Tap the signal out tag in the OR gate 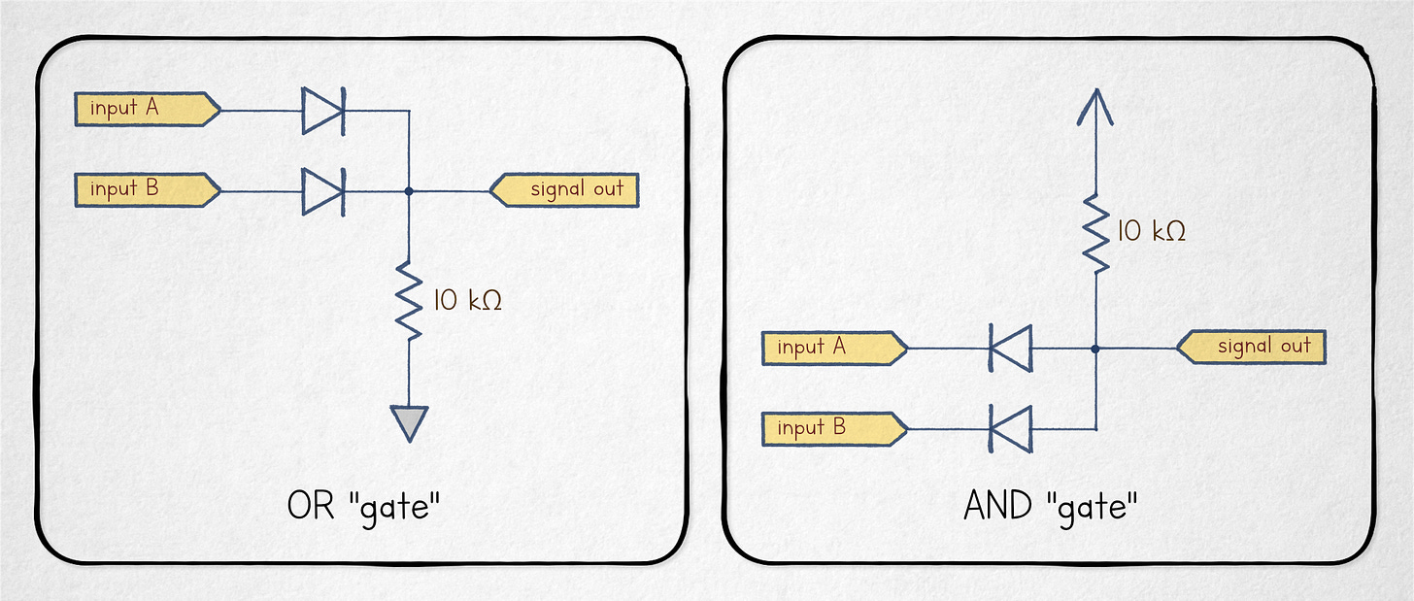(x=565, y=189)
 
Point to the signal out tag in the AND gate (x=1252, y=347)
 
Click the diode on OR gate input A (x=322, y=110)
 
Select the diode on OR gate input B (x=322, y=190)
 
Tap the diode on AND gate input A (x=1010, y=348)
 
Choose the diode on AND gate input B (x=1010, y=427)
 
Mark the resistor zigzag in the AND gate (x=1095, y=233)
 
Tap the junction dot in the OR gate (x=410, y=191)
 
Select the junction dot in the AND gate (x=1095, y=348)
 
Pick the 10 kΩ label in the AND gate (x=1152, y=232)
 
